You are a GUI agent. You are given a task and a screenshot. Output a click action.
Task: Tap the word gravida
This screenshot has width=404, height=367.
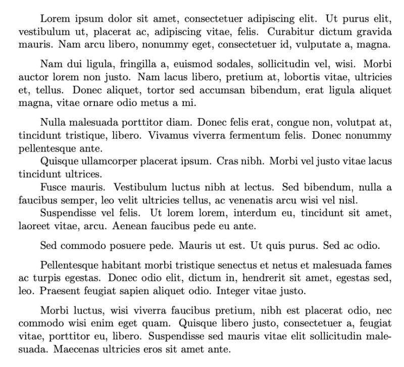point(374,32)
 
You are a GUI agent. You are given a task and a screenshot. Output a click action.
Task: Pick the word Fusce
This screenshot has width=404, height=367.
point(54,187)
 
